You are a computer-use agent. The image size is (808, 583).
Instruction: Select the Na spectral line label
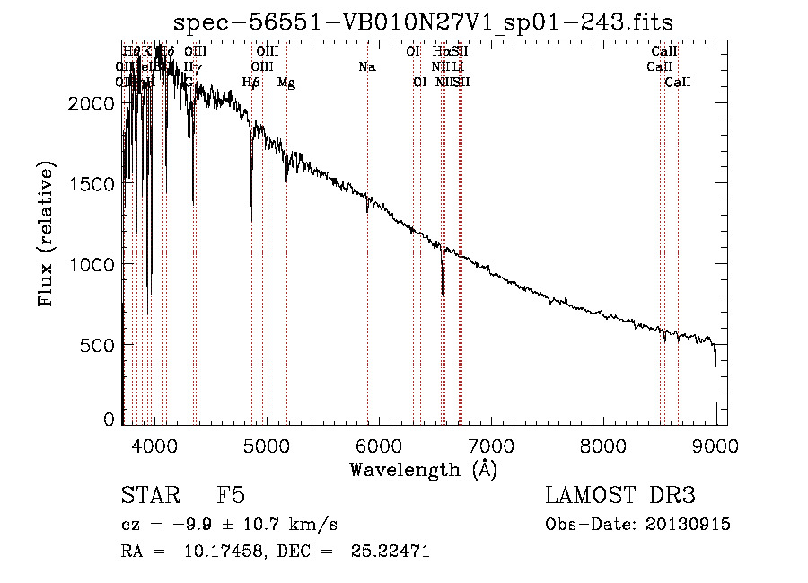pyautogui.click(x=366, y=66)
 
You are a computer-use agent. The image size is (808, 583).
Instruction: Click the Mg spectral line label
pyautogui.click(x=286, y=83)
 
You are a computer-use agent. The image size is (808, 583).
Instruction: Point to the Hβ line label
pyautogui.click(x=251, y=83)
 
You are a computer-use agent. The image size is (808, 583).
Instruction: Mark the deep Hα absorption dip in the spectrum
pyautogui.click(x=443, y=286)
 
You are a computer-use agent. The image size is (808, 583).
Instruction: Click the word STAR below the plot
pyautogui.click(x=148, y=496)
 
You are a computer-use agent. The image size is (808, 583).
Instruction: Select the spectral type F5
pyautogui.click(x=231, y=496)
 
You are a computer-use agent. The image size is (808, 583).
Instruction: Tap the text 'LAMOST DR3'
pyautogui.click(x=620, y=496)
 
